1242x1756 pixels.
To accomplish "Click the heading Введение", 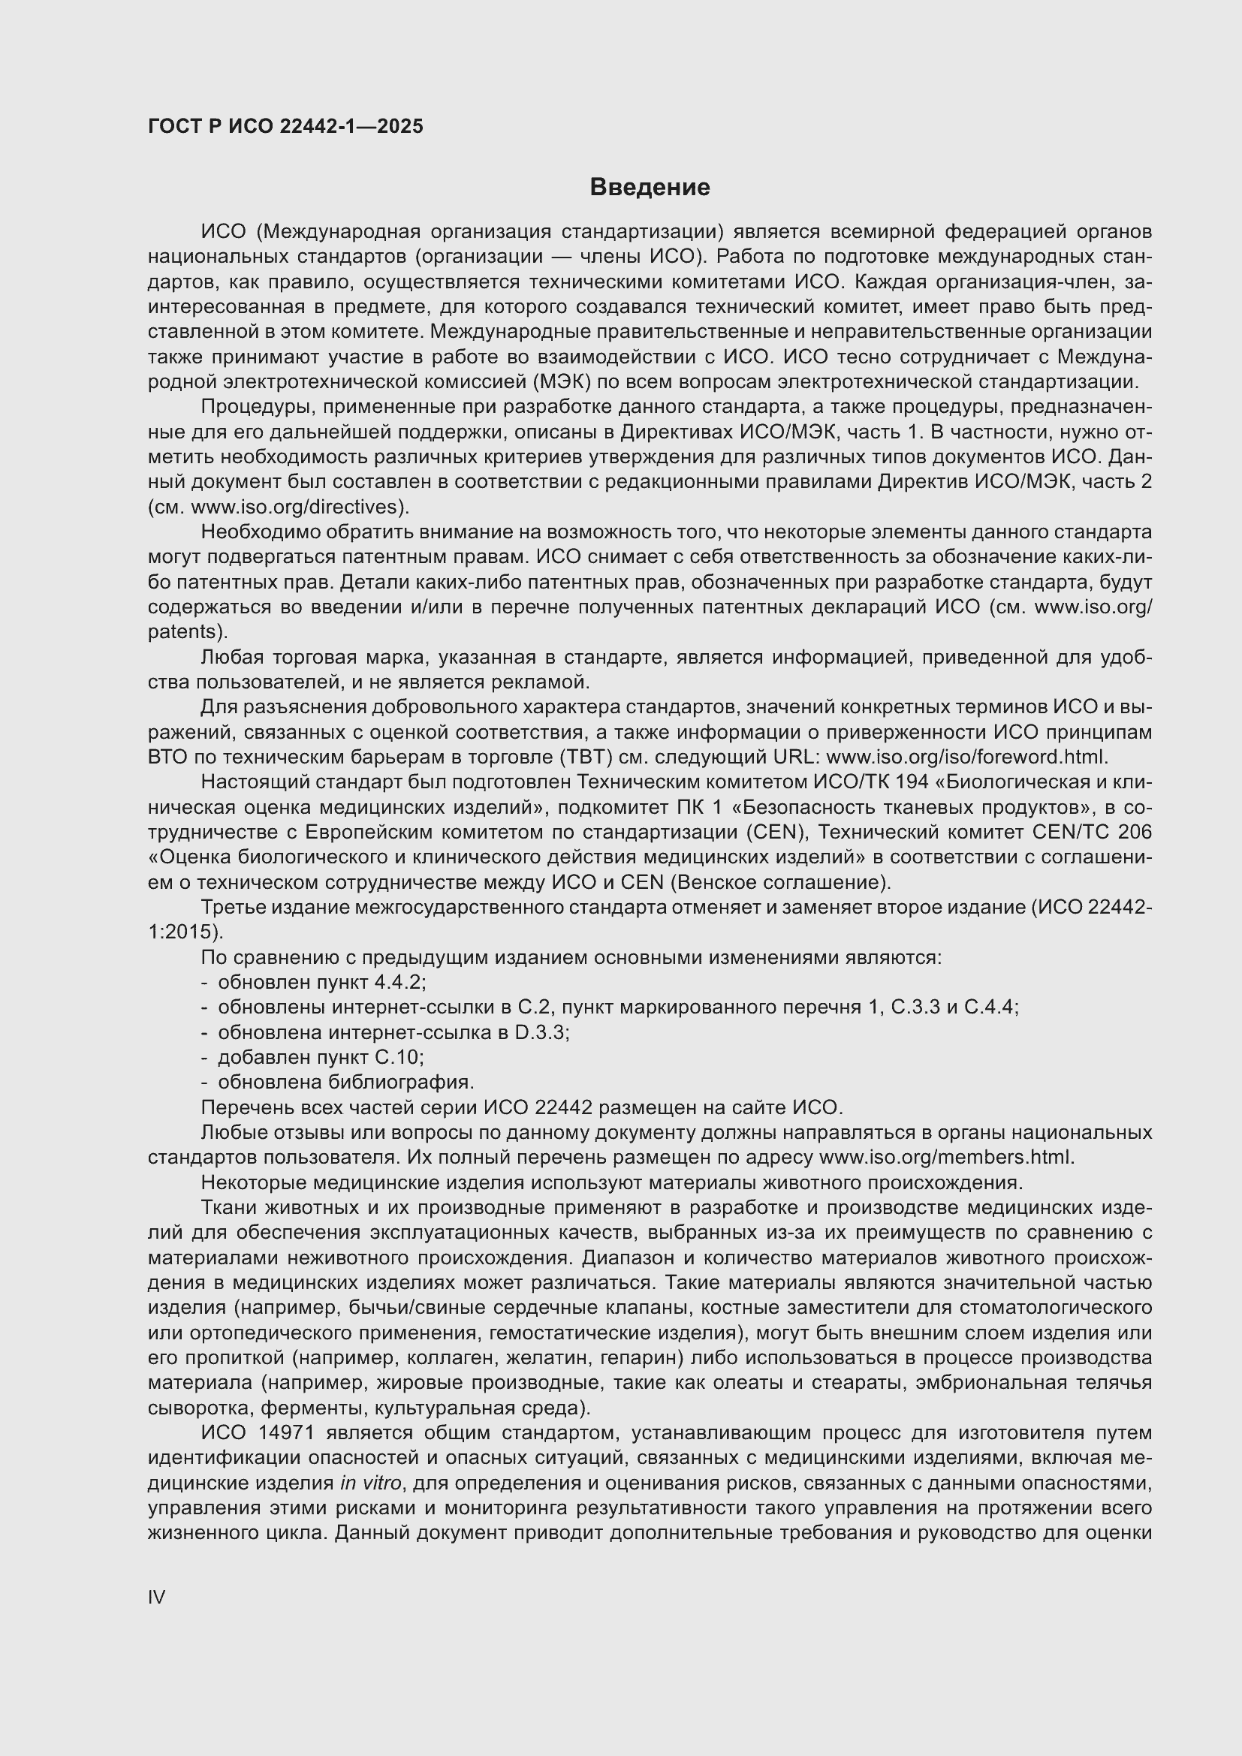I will click(x=650, y=188).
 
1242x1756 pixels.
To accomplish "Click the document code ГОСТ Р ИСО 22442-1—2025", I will click(x=285, y=127).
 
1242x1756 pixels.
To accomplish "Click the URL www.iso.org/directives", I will click(x=297, y=507).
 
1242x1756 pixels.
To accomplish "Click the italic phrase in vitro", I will click(x=370, y=1483).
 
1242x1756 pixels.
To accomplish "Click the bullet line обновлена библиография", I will click(x=345, y=1083).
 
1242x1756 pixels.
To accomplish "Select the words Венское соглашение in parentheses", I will click(x=780, y=883).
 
